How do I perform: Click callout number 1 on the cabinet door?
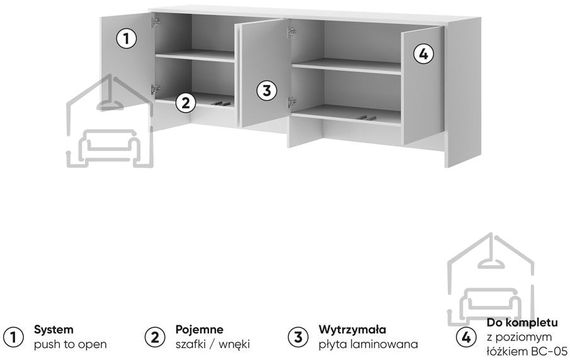127,38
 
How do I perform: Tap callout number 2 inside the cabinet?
186,103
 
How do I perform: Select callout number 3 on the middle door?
267,90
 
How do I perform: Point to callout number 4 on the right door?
423,54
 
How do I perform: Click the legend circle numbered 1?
13,337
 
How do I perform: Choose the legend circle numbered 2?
155,337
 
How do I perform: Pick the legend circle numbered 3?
298,337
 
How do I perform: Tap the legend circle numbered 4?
466,337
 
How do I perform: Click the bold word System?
54,330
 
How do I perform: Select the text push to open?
71,344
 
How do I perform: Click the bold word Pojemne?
200,330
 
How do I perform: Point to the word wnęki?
234,344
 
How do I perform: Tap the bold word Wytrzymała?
352,330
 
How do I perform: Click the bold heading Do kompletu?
522,322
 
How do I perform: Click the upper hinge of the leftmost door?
156,22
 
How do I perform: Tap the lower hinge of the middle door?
292,103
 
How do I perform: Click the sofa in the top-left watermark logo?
110,144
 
